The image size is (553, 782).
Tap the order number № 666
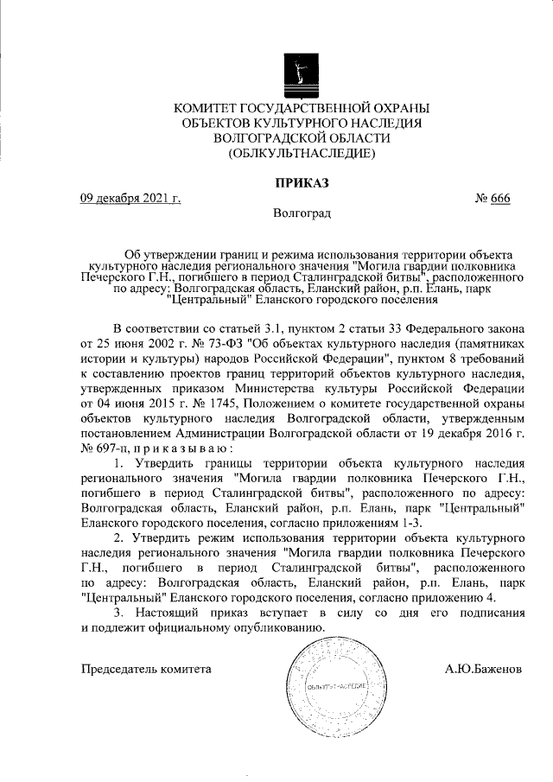(x=493, y=199)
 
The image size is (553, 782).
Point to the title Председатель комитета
(x=146, y=670)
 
